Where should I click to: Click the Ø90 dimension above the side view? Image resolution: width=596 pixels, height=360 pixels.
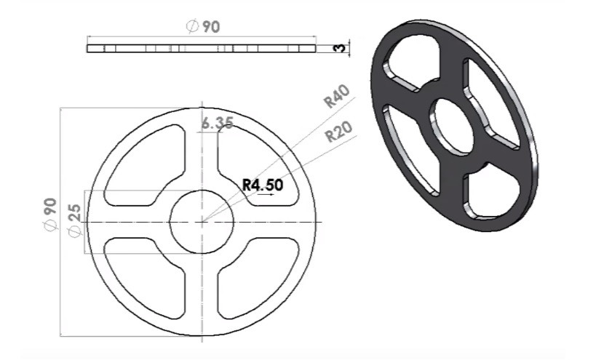202,27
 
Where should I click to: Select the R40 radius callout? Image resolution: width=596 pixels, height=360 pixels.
337,96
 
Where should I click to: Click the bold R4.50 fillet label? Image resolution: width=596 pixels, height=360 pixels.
263,185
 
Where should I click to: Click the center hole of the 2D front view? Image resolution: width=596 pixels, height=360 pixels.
202,222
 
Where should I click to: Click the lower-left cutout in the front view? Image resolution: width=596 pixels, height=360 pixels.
146,276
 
